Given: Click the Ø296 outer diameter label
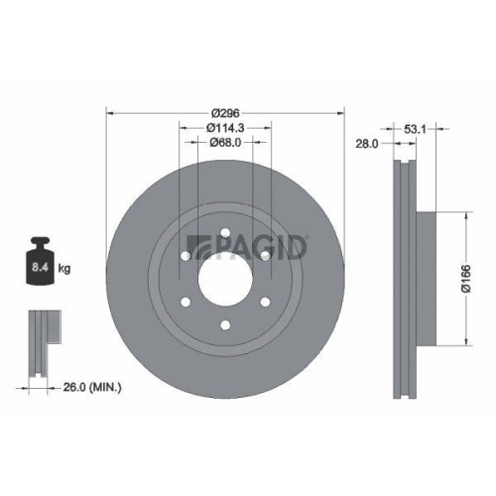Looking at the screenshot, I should coord(225,111).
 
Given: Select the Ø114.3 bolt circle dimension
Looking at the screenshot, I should coord(225,127).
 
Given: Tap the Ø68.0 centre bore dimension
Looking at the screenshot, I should coord(225,143).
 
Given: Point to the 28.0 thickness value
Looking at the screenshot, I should coord(368,144).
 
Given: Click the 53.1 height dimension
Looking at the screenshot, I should coord(417,128).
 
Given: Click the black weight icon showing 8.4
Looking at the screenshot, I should coord(41,264).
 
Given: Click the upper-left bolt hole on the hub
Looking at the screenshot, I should coord(186,257).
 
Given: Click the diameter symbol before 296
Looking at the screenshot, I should coord(211,111).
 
